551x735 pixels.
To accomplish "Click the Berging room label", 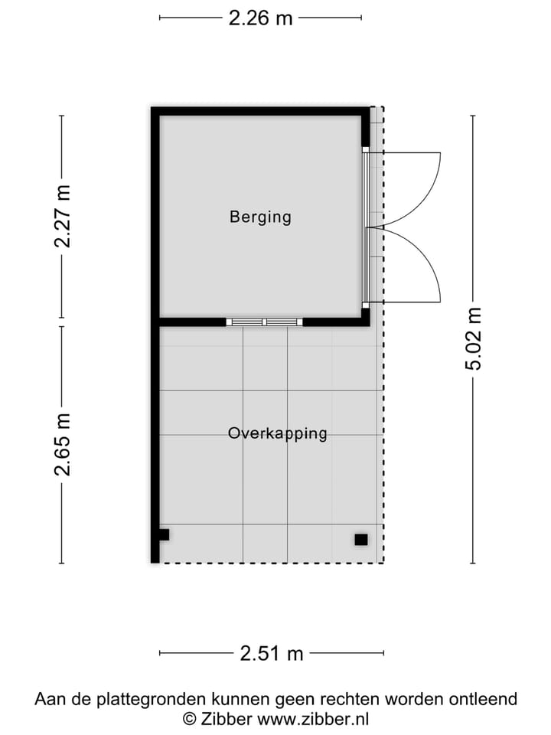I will pyautogui.click(x=260, y=217).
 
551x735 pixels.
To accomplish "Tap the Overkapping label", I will pyautogui.click(x=277, y=433).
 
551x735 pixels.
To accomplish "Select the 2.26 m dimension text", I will pyautogui.click(x=260, y=18).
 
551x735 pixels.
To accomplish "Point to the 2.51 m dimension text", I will pyautogui.click(x=271, y=653).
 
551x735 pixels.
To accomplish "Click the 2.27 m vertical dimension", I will pyautogui.click(x=62, y=217).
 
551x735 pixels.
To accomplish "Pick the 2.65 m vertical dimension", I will pyautogui.click(x=62, y=445).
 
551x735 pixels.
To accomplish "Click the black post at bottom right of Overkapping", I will pyautogui.click(x=361, y=540).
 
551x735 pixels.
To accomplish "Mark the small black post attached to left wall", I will pyautogui.click(x=164, y=534).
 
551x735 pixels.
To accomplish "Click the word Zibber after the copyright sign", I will pyautogui.click(x=228, y=719).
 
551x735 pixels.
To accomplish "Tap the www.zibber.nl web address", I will pyautogui.click(x=313, y=719).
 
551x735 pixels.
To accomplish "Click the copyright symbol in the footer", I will pyautogui.click(x=189, y=719).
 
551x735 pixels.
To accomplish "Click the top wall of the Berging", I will pyautogui.click(x=260, y=111).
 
